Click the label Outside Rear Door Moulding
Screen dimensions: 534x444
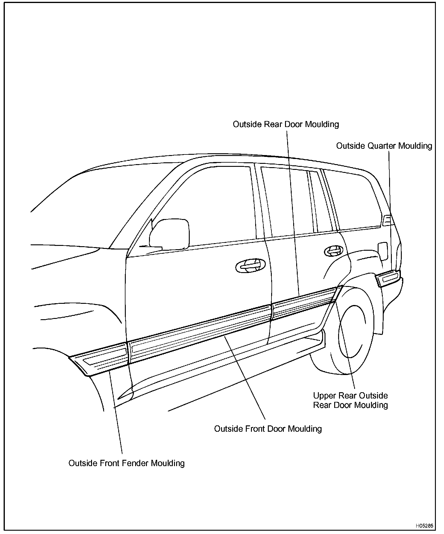286,124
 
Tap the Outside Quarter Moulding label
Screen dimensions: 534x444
384,146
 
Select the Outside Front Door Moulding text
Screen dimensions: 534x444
268,429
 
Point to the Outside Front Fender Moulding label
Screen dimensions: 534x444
126,463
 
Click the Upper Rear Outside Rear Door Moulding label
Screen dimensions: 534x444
350,400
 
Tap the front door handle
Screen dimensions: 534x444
250,266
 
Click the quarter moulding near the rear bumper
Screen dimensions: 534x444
388,278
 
